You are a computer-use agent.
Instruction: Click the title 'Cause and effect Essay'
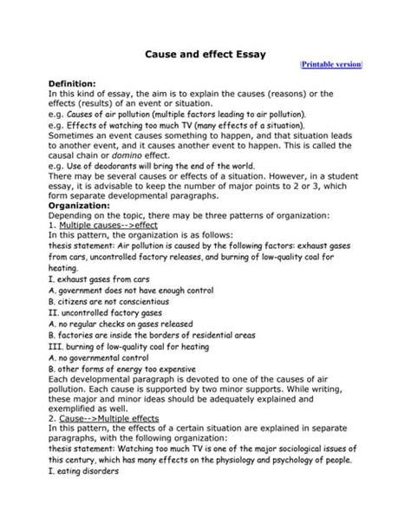pos(205,54)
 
